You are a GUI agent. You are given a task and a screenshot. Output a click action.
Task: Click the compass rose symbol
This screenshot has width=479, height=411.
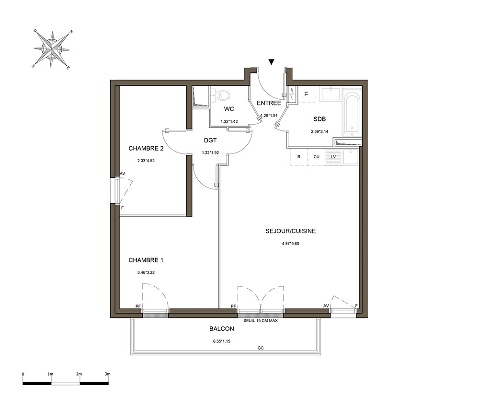(52, 49)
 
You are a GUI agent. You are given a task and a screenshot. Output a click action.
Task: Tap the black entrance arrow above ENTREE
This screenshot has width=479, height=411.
(271, 62)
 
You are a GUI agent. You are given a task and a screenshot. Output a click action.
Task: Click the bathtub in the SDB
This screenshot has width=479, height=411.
(352, 113)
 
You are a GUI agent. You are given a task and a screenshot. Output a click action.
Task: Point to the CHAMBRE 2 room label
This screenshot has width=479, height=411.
(146, 148)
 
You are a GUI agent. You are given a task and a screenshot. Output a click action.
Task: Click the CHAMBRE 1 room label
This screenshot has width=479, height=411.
(146, 260)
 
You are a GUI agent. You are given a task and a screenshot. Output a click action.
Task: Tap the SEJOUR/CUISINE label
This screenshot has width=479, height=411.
(291, 231)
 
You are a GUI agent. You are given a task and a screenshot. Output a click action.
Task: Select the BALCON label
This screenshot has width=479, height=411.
(222, 329)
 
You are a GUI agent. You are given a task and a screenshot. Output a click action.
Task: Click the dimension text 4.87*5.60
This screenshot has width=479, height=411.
(291, 244)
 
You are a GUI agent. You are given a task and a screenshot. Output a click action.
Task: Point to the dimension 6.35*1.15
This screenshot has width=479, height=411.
(222, 341)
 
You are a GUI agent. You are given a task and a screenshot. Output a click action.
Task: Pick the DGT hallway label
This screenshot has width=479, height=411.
(210, 141)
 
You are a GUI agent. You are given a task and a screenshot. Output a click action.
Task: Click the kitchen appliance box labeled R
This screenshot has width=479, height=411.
(299, 157)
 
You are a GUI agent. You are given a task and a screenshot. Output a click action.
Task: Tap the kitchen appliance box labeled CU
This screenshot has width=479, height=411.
(316, 157)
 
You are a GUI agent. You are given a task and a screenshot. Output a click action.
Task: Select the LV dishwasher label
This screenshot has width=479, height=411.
(333, 157)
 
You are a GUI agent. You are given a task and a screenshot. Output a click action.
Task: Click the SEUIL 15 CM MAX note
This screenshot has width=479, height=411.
(261, 321)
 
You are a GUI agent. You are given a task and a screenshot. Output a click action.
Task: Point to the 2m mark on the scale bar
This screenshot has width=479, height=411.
(79, 374)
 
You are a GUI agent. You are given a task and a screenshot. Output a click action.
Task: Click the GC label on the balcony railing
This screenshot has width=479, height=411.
(261, 348)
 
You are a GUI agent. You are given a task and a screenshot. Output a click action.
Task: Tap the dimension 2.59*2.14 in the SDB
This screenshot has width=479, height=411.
(319, 132)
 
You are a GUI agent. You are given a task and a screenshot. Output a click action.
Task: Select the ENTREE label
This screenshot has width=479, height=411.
(269, 103)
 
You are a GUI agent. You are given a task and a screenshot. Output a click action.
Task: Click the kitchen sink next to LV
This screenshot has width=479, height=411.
(350, 157)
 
